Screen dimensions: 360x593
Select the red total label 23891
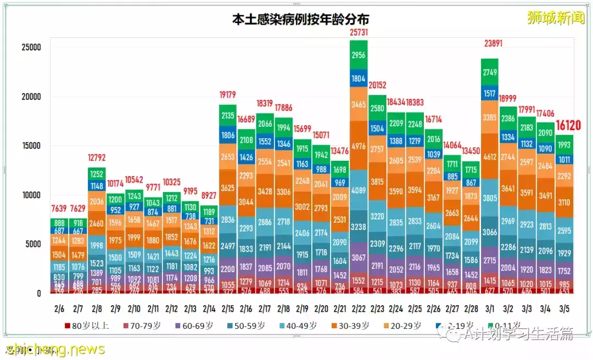pyautogui.click(x=489, y=44)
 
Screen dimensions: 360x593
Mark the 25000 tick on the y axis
pyautogui.click(x=27, y=48)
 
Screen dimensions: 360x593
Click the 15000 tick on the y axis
pyautogui.click(x=27, y=146)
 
